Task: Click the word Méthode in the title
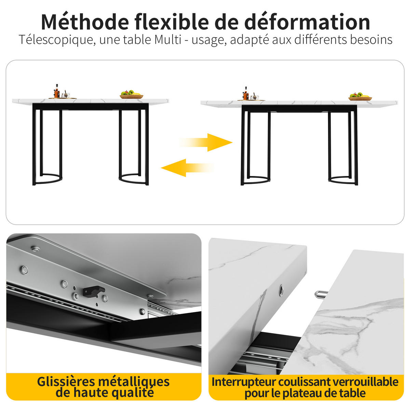pos(85,22)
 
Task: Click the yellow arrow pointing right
pos(206,142)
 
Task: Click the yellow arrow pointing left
pos(188,168)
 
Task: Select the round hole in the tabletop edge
pos(281,290)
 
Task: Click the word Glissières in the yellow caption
pos(66,382)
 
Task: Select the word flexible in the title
pos(172,22)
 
